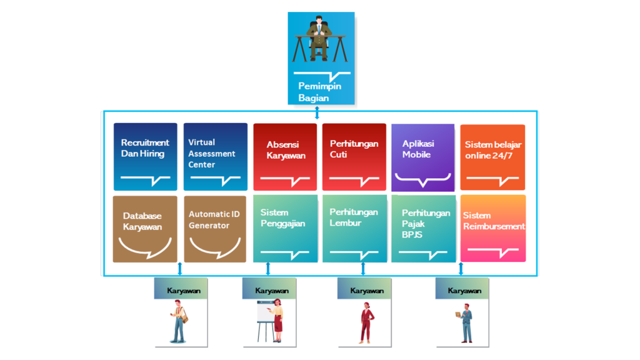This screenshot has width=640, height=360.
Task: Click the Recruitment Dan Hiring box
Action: pos(146,156)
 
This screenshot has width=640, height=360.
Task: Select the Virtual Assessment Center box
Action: pos(216,156)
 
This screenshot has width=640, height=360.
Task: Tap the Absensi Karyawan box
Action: pos(285,157)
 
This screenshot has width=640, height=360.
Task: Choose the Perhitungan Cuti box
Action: pos(354,157)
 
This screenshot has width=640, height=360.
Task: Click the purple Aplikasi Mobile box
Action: pos(422,157)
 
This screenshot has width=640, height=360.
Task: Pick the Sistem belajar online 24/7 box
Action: pos(492,157)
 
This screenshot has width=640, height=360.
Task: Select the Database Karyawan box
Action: pos(146,229)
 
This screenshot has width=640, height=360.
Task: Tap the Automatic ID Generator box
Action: pos(215,229)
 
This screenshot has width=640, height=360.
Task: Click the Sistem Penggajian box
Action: pos(285,228)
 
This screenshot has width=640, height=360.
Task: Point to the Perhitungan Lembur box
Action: pos(354,228)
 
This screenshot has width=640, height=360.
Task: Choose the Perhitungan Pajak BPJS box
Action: pos(423,228)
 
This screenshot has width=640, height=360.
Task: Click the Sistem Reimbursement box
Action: pos(493,228)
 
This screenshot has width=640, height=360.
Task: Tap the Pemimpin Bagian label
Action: pos(319,92)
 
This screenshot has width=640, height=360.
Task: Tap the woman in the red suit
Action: pos(366,321)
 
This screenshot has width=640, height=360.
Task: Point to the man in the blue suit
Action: pos(466,322)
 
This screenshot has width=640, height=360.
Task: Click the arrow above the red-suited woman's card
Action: pos(363,269)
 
